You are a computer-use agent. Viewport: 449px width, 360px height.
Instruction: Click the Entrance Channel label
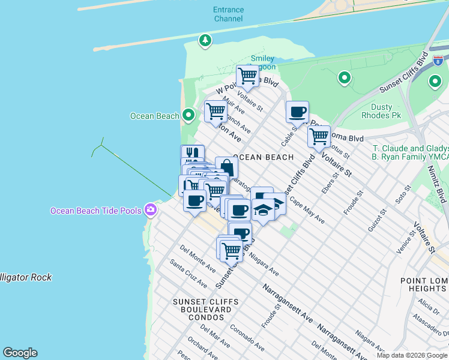(228, 14)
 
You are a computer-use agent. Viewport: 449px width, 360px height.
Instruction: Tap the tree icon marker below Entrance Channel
(206, 40)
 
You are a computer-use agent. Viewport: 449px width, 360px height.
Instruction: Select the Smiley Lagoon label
(262, 62)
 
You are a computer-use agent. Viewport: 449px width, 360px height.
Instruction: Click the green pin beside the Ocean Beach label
(188, 115)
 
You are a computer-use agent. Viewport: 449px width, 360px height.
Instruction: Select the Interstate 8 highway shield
(439, 60)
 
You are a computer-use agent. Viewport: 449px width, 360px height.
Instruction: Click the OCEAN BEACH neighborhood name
(263, 157)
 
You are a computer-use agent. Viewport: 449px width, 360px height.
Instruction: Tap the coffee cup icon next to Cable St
(297, 112)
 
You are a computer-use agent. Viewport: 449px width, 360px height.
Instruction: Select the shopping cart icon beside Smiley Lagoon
(247, 76)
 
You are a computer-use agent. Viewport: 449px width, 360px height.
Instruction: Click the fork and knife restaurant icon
(192, 155)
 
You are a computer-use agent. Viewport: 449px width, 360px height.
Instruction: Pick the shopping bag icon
(226, 167)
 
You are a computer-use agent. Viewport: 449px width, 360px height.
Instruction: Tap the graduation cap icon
(262, 210)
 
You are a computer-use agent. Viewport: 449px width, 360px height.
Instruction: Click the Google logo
(20, 353)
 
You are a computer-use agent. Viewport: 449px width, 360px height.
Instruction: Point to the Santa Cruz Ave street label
(188, 273)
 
